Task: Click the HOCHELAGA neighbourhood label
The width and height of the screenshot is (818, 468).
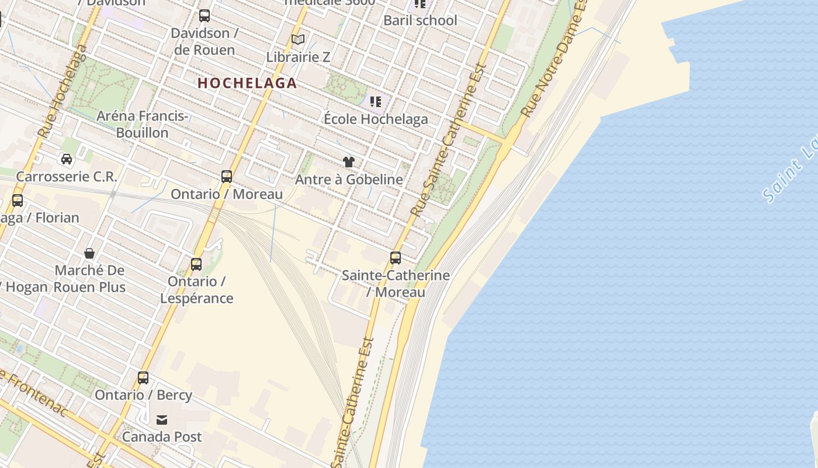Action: click(x=247, y=83)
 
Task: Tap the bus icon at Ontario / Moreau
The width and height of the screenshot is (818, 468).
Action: click(x=227, y=176)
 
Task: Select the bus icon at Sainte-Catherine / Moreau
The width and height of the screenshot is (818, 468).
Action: click(x=396, y=257)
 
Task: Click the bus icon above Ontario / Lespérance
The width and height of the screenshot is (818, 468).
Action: click(x=196, y=264)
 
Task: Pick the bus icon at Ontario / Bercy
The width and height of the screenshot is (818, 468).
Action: click(x=143, y=377)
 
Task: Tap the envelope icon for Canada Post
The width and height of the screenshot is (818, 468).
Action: click(x=162, y=419)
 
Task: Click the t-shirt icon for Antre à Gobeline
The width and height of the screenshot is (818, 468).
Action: click(x=349, y=162)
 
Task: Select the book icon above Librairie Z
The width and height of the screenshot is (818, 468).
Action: click(x=298, y=40)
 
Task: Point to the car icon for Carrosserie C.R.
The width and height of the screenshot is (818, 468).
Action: click(x=67, y=159)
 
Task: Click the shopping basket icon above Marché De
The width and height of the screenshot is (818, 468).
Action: click(x=89, y=253)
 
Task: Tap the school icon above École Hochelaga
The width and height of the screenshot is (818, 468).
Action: click(x=376, y=102)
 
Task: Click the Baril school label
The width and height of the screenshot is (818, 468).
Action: click(x=420, y=20)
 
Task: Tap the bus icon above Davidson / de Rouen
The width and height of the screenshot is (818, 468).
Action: click(x=204, y=16)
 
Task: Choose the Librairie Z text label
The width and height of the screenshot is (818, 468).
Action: click(x=298, y=57)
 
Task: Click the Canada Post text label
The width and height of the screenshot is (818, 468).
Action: click(x=162, y=436)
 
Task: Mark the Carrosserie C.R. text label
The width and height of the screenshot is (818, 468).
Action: click(x=67, y=176)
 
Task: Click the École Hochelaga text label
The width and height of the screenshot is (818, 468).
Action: click(x=376, y=119)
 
